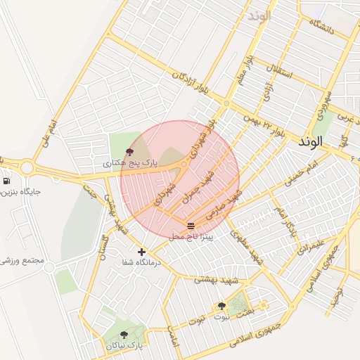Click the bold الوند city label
pyautogui.click(x=309, y=141)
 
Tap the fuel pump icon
pyautogui.click(x=6, y=181)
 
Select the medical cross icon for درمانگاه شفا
pyautogui.click(x=142, y=251)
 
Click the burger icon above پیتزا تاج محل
pyautogui.click(x=191, y=225)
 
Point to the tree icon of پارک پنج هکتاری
pyautogui.click(x=129, y=151)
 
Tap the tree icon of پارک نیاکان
pyautogui.click(x=124, y=335)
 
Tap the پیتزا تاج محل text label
pyautogui.click(x=195, y=237)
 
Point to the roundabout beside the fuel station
pyautogui.click(x=27, y=167)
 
